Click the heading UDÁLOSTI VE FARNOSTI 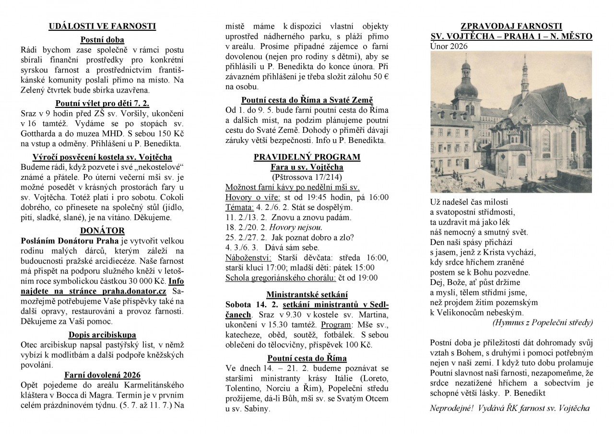pos(102,26)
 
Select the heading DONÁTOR pos(102,230)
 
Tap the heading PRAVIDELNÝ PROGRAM pos(307,157)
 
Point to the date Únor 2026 pos(449,47)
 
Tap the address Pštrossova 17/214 pos(307,177)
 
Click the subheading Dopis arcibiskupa pos(102,335)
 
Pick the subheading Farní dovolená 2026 pos(102,375)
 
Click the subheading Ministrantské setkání pos(307,294)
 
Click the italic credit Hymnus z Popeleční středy pos(543,323)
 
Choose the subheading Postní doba pos(102,40)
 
